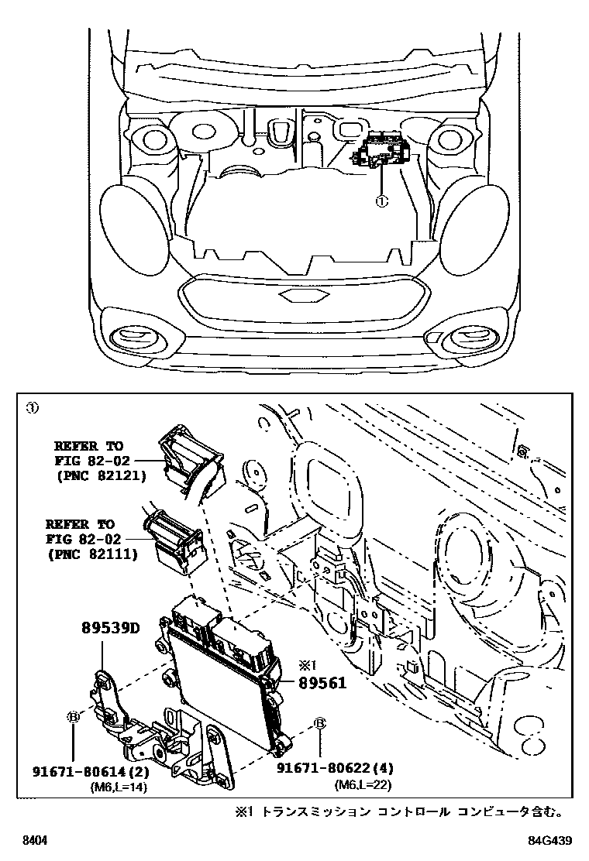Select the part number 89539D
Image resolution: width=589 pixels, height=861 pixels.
click(x=110, y=628)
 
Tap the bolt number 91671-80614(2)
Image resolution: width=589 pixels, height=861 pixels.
click(x=91, y=772)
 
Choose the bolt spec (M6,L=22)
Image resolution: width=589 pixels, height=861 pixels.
click(x=363, y=785)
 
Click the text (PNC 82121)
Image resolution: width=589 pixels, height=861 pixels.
click(x=101, y=475)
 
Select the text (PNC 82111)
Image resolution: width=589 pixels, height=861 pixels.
click(x=92, y=554)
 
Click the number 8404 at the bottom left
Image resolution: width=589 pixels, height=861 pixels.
click(x=35, y=841)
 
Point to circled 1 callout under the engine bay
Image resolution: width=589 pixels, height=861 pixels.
click(x=381, y=201)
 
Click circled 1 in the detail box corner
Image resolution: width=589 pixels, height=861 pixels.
click(x=32, y=407)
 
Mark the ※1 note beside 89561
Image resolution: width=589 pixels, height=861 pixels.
click(x=305, y=664)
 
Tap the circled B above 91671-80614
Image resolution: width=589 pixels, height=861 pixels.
click(x=74, y=718)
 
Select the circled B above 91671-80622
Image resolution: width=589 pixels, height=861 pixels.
click(x=319, y=724)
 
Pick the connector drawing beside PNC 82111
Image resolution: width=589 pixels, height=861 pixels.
click(x=174, y=538)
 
